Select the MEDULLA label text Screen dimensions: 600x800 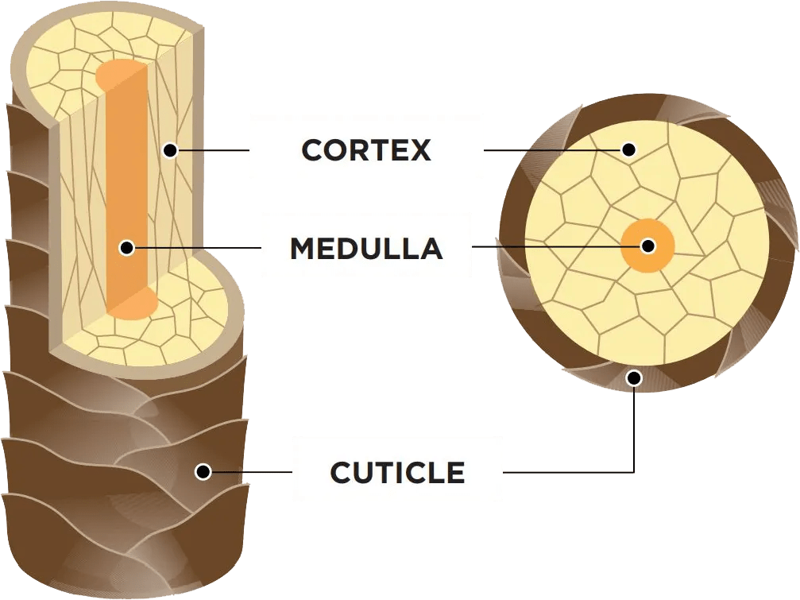click(366, 249)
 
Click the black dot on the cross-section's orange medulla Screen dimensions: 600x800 click(647, 246)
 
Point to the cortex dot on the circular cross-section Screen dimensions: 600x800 click(628, 149)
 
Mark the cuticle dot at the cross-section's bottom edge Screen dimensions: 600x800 click(633, 377)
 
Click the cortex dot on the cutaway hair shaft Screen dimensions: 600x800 click(169, 149)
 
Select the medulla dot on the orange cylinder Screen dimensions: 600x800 click(126, 248)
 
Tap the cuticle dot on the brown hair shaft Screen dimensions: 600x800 click(203, 472)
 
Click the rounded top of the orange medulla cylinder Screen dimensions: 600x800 click(122, 72)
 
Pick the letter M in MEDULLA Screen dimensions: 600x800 click(303, 249)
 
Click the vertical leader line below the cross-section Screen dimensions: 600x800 click(634, 429)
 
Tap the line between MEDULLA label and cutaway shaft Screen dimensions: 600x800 click(199, 248)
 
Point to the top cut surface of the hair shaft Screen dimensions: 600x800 click(64, 64)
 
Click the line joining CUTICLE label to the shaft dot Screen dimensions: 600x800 click(250, 472)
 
